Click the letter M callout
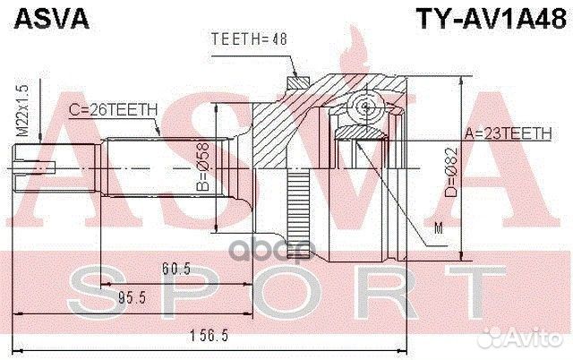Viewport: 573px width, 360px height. click(x=439, y=230)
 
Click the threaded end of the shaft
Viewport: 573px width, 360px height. click(x=32, y=167)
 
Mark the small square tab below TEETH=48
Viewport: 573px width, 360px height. click(x=295, y=84)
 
